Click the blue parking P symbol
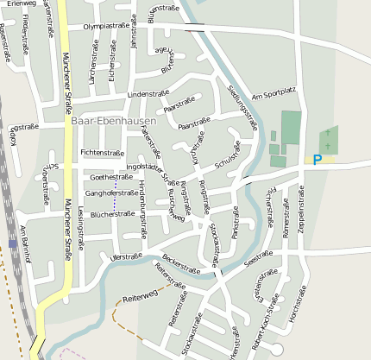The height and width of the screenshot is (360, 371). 317,159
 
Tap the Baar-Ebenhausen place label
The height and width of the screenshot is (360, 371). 115,121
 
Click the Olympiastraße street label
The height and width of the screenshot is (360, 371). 106,27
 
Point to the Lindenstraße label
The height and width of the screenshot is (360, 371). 147,93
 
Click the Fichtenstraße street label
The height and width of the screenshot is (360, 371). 102,152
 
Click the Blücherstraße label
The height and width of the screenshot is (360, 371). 112,213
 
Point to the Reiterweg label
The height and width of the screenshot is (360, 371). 141,296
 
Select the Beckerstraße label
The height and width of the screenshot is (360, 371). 181,265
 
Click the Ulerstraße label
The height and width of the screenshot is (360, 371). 127,256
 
